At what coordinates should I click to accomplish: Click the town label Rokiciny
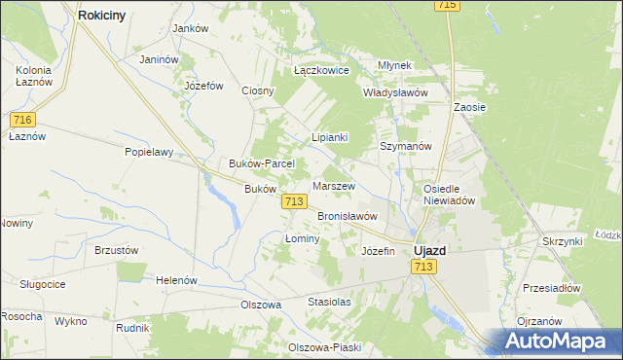[x=106, y=16]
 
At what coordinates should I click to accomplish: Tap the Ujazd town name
[x=429, y=250]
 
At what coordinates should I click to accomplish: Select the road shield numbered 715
[x=447, y=6]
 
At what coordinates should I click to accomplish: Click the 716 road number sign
[x=24, y=119]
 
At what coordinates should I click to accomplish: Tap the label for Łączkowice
[x=321, y=71]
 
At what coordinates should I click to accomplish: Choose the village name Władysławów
[x=395, y=92]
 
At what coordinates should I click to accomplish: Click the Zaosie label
[x=469, y=107]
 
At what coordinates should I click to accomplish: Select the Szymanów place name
[x=405, y=146]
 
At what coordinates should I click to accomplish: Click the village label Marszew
[x=333, y=185]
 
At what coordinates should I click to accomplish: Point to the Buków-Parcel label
[x=255, y=163]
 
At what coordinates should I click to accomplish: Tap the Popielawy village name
[x=149, y=152]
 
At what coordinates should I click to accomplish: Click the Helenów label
[x=176, y=280]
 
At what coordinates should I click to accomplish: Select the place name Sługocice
[x=43, y=283]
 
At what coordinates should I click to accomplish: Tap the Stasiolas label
[x=329, y=302]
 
